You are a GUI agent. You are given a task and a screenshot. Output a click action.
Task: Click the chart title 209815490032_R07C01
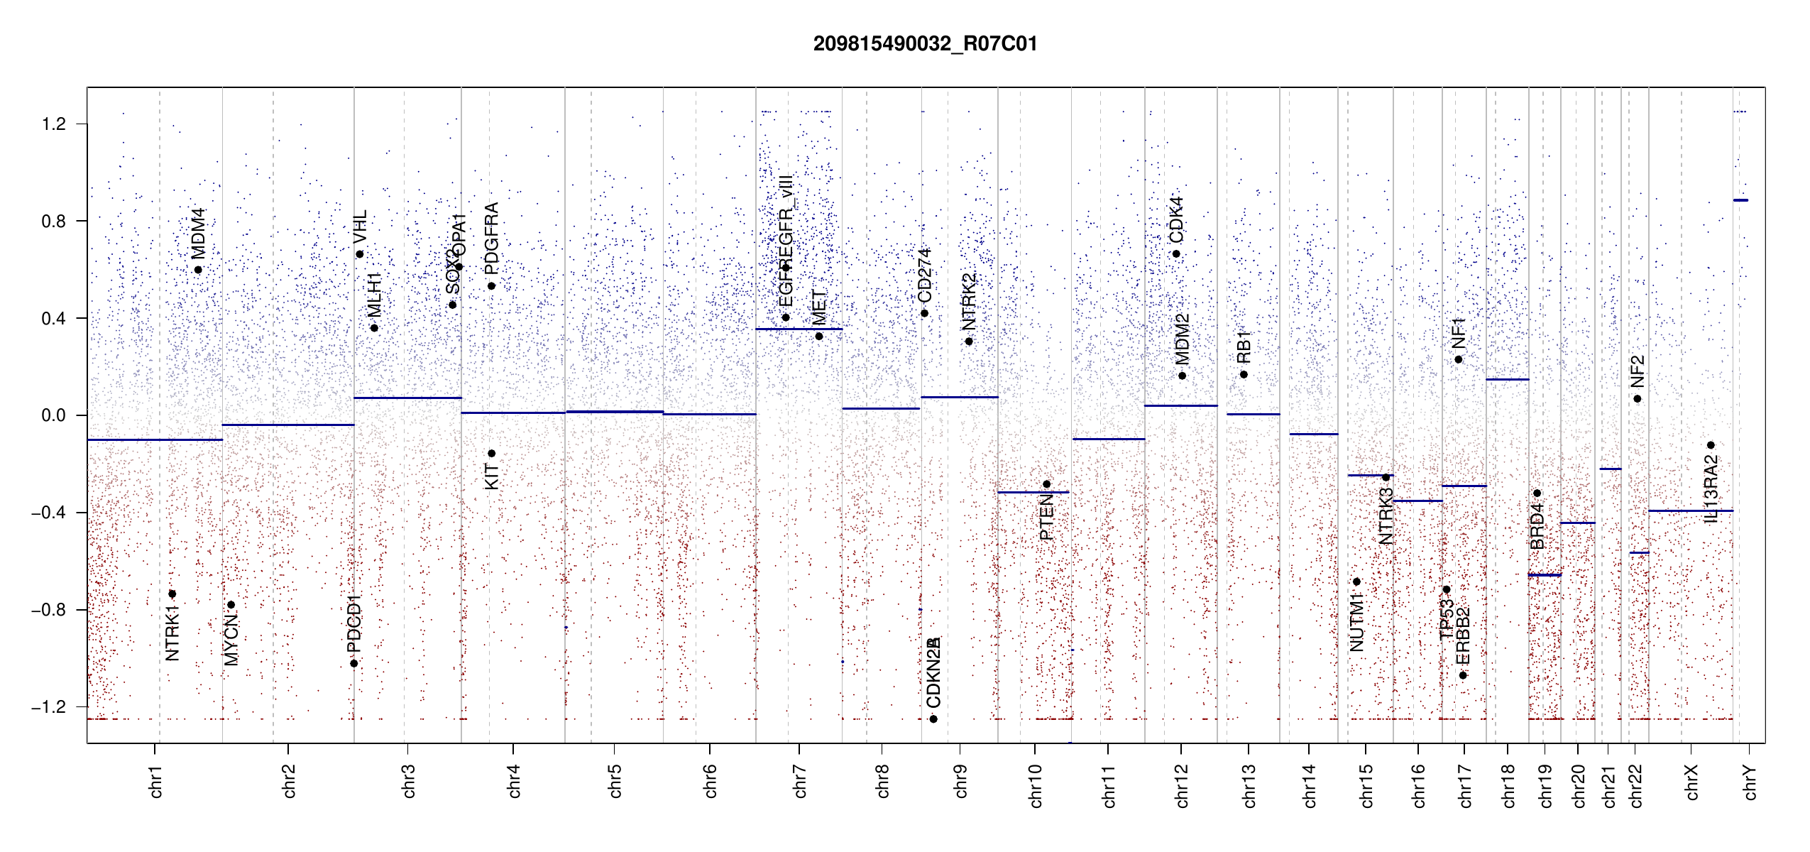(925, 44)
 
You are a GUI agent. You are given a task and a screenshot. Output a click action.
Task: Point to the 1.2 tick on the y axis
(54, 124)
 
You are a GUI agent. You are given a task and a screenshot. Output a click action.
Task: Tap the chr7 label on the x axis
(800, 781)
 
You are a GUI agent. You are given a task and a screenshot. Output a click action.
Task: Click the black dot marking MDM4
(198, 270)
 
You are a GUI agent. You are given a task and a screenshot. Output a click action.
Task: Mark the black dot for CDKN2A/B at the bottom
(933, 719)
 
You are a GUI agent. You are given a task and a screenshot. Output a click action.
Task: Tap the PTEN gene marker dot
(1046, 484)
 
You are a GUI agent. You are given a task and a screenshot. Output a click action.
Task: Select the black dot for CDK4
(1176, 254)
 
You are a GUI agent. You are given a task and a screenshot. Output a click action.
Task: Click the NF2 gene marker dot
(1638, 399)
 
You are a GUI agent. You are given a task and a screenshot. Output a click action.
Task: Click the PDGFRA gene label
(491, 239)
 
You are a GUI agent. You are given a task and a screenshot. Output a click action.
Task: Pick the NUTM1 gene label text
(1356, 623)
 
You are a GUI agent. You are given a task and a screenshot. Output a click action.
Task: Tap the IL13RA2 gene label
(1711, 490)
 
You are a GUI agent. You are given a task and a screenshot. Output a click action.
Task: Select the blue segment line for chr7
(799, 329)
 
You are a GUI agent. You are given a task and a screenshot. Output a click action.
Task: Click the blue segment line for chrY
(1741, 200)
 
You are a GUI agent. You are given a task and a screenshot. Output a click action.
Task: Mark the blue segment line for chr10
(1033, 492)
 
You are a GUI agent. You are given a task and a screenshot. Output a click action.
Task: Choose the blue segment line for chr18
(1507, 379)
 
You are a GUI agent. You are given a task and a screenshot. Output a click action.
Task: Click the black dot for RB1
(1244, 374)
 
